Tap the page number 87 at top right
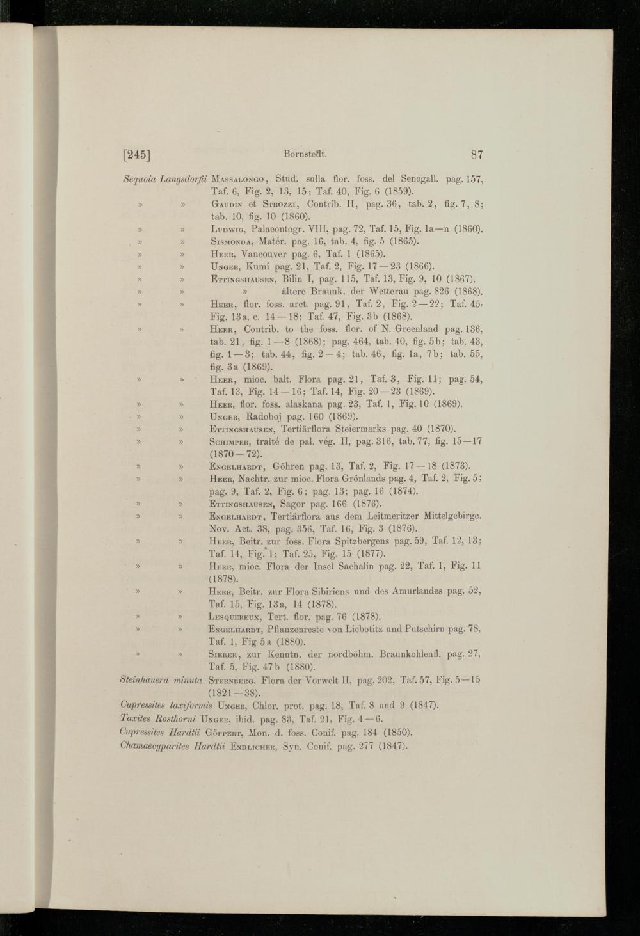[476, 154]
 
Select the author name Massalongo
[239, 179]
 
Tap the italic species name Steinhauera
[138, 679]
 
